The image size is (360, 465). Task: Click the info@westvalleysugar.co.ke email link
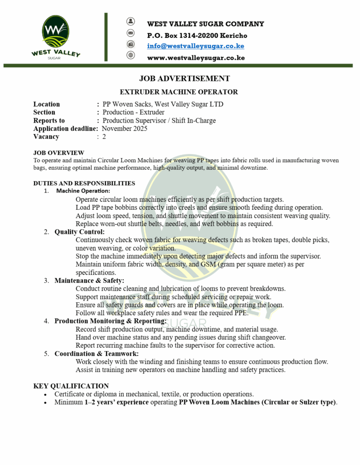(195, 46)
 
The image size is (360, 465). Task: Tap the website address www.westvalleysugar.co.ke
(196, 58)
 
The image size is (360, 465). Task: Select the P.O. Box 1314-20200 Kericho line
(197, 35)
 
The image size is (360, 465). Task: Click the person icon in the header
(131, 21)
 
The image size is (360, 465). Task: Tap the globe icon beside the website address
(131, 55)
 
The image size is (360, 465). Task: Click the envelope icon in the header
(131, 33)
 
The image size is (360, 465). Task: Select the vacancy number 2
(104, 137)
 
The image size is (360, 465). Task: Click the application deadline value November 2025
(125, 129)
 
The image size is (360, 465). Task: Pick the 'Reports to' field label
(49, 120)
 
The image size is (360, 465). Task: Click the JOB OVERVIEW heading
(59, 153)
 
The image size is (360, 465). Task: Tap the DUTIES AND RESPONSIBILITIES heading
(84, 183)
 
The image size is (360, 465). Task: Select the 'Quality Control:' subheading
(80, 232)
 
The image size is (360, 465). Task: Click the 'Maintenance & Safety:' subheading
(89, 281)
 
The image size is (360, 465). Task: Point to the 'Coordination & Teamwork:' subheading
(96, 353)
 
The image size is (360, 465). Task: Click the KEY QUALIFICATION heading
(71, 386)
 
